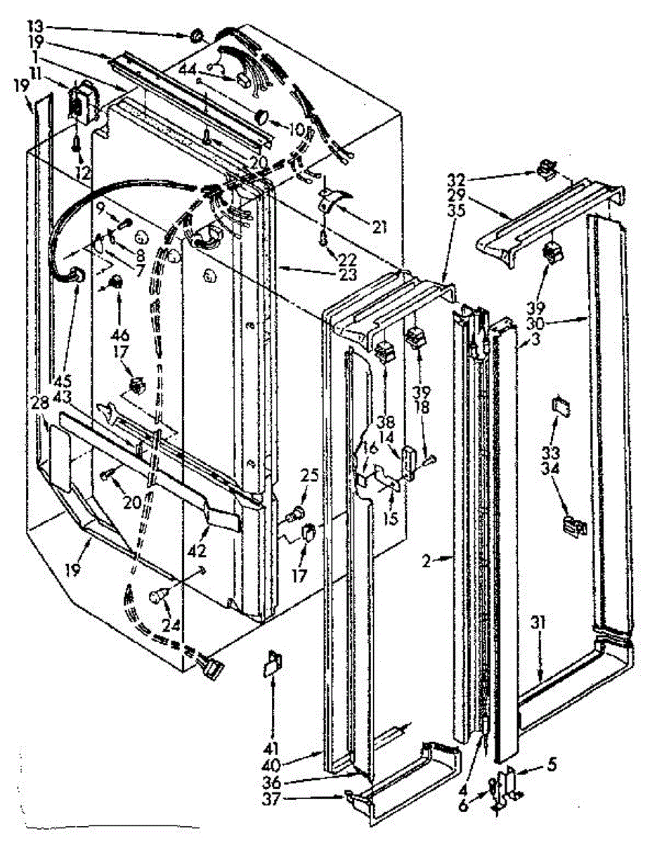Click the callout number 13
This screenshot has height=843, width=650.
[35, 25]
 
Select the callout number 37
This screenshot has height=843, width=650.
[302, 797]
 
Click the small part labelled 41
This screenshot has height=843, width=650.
[272, 664]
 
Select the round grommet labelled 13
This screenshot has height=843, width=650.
[197, 34]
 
